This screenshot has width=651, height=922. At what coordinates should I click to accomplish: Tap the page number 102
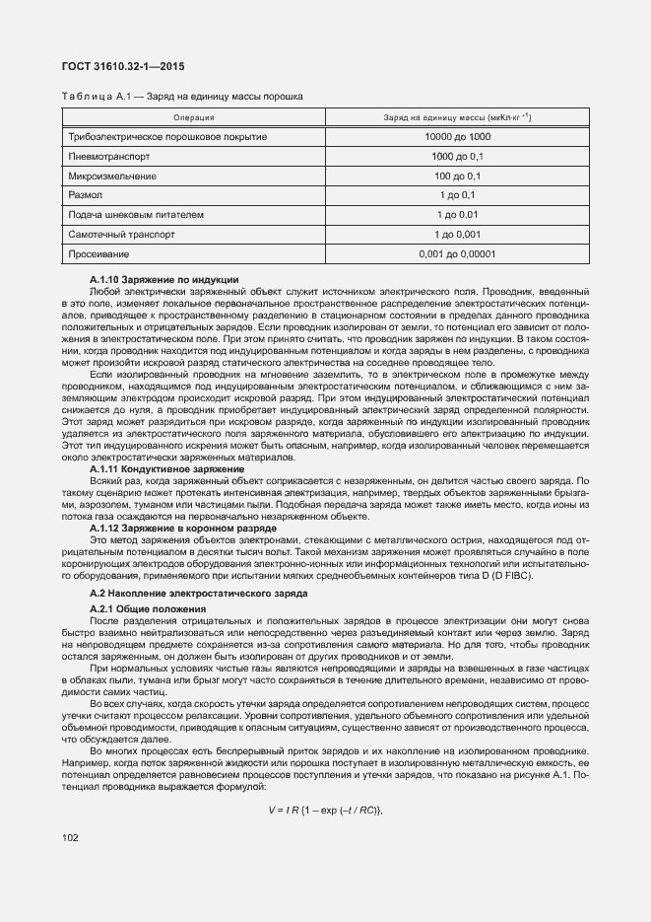click(70, 838)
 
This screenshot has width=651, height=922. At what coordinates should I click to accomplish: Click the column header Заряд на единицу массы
click(457, 118)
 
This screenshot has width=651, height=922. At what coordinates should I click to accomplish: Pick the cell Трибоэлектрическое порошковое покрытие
click(166, 136)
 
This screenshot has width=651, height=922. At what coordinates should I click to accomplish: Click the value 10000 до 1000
click(457, 136)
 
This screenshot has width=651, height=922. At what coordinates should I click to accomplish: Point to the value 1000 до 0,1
click(457, 156)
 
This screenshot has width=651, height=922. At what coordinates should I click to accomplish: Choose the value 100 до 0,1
click(457, 176)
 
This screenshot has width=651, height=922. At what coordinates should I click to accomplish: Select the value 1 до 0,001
click(457, 234)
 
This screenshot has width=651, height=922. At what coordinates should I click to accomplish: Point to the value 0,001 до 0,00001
click(457, 253)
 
